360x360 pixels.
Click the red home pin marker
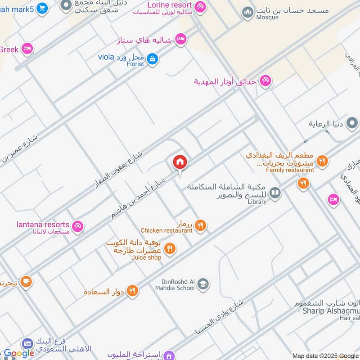coord(180,162)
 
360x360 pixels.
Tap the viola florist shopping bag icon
coord(153,58)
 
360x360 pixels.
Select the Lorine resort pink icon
coord(200,6)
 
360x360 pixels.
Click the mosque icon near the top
coord(247,12)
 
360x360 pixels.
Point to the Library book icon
coord(275,193)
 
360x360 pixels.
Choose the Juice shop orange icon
coord(170,248)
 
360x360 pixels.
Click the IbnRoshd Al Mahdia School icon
coord(203,284)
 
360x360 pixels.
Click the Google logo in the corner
coord(19,354)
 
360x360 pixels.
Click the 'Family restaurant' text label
coord(290,170)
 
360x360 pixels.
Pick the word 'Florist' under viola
coord(135,64)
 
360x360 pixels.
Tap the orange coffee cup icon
coord(26,282)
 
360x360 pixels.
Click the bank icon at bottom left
coord(27,344)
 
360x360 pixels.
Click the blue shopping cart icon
coord(42,8)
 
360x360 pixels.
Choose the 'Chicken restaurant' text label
coord(166,230)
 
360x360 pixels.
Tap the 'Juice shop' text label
coord(146,257)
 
